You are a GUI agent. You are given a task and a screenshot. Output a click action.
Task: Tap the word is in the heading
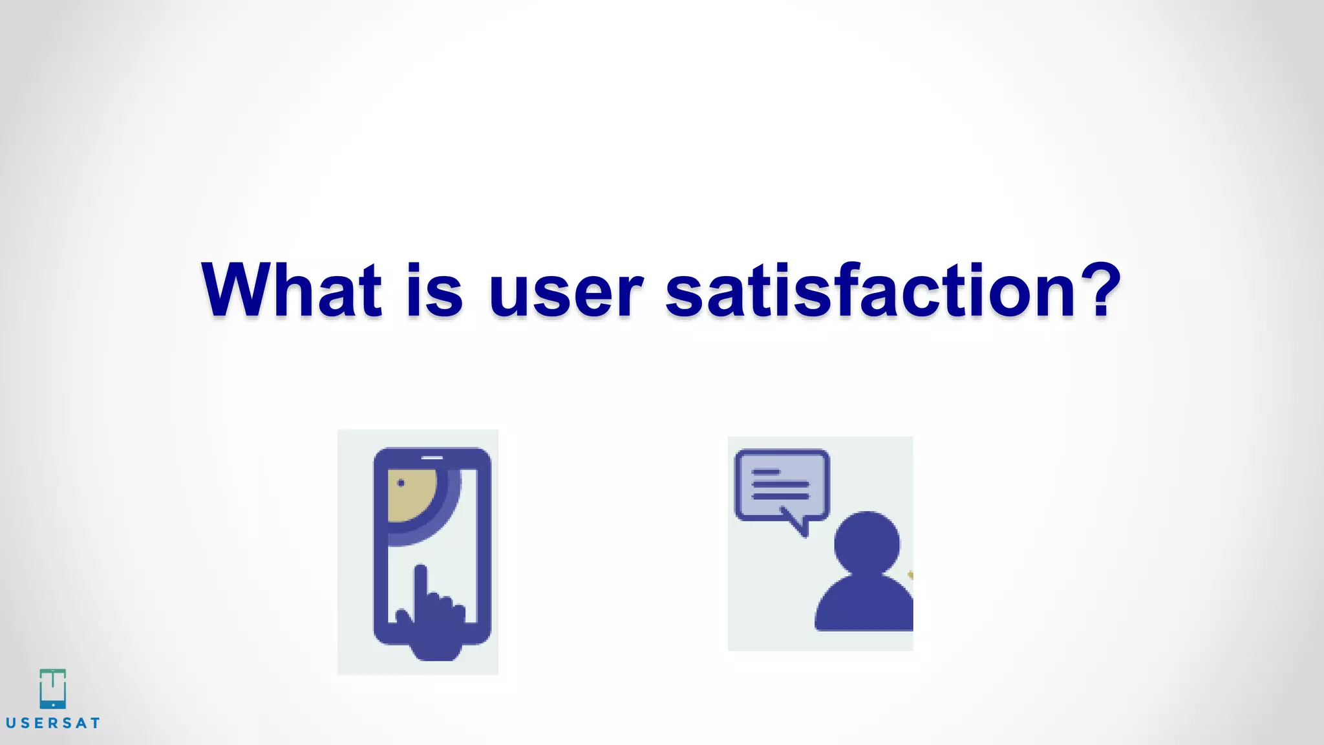pyautogui.click(x=434, y=290)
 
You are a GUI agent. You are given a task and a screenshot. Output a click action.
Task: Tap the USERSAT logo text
pyautogui.click(x=53, y=723)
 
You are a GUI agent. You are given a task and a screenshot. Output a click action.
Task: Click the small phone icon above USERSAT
pyautogui.click(x=52, y=688)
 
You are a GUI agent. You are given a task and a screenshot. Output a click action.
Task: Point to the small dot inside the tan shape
pyautogui.click(x=401, y=482)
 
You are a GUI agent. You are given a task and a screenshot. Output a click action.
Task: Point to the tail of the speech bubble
pyautogui.click(x=798, y=524)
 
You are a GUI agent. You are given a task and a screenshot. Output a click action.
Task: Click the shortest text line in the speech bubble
pyautogui.click(x=766, y=472)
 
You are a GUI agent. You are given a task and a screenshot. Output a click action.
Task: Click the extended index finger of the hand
pyautogui.click(x=421, y=582)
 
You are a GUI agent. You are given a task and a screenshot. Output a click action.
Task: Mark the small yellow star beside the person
pyautogui.click(x=910, y=574)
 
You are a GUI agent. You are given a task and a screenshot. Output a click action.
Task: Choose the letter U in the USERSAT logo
pyautogui.click(x=10, y=723)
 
